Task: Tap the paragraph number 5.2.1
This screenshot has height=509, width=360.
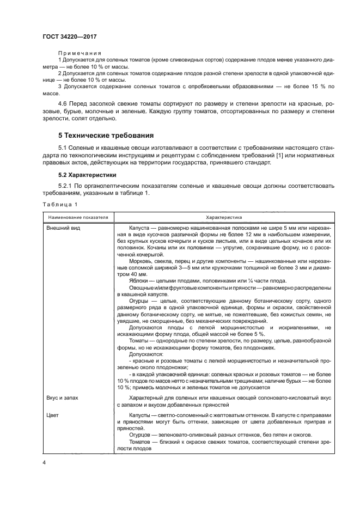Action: click(66, 185)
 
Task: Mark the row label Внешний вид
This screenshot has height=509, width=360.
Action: click(64, 228)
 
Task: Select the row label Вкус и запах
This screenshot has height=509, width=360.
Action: click(64, 398)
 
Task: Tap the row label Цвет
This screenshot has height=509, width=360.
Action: click(53, 415)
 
